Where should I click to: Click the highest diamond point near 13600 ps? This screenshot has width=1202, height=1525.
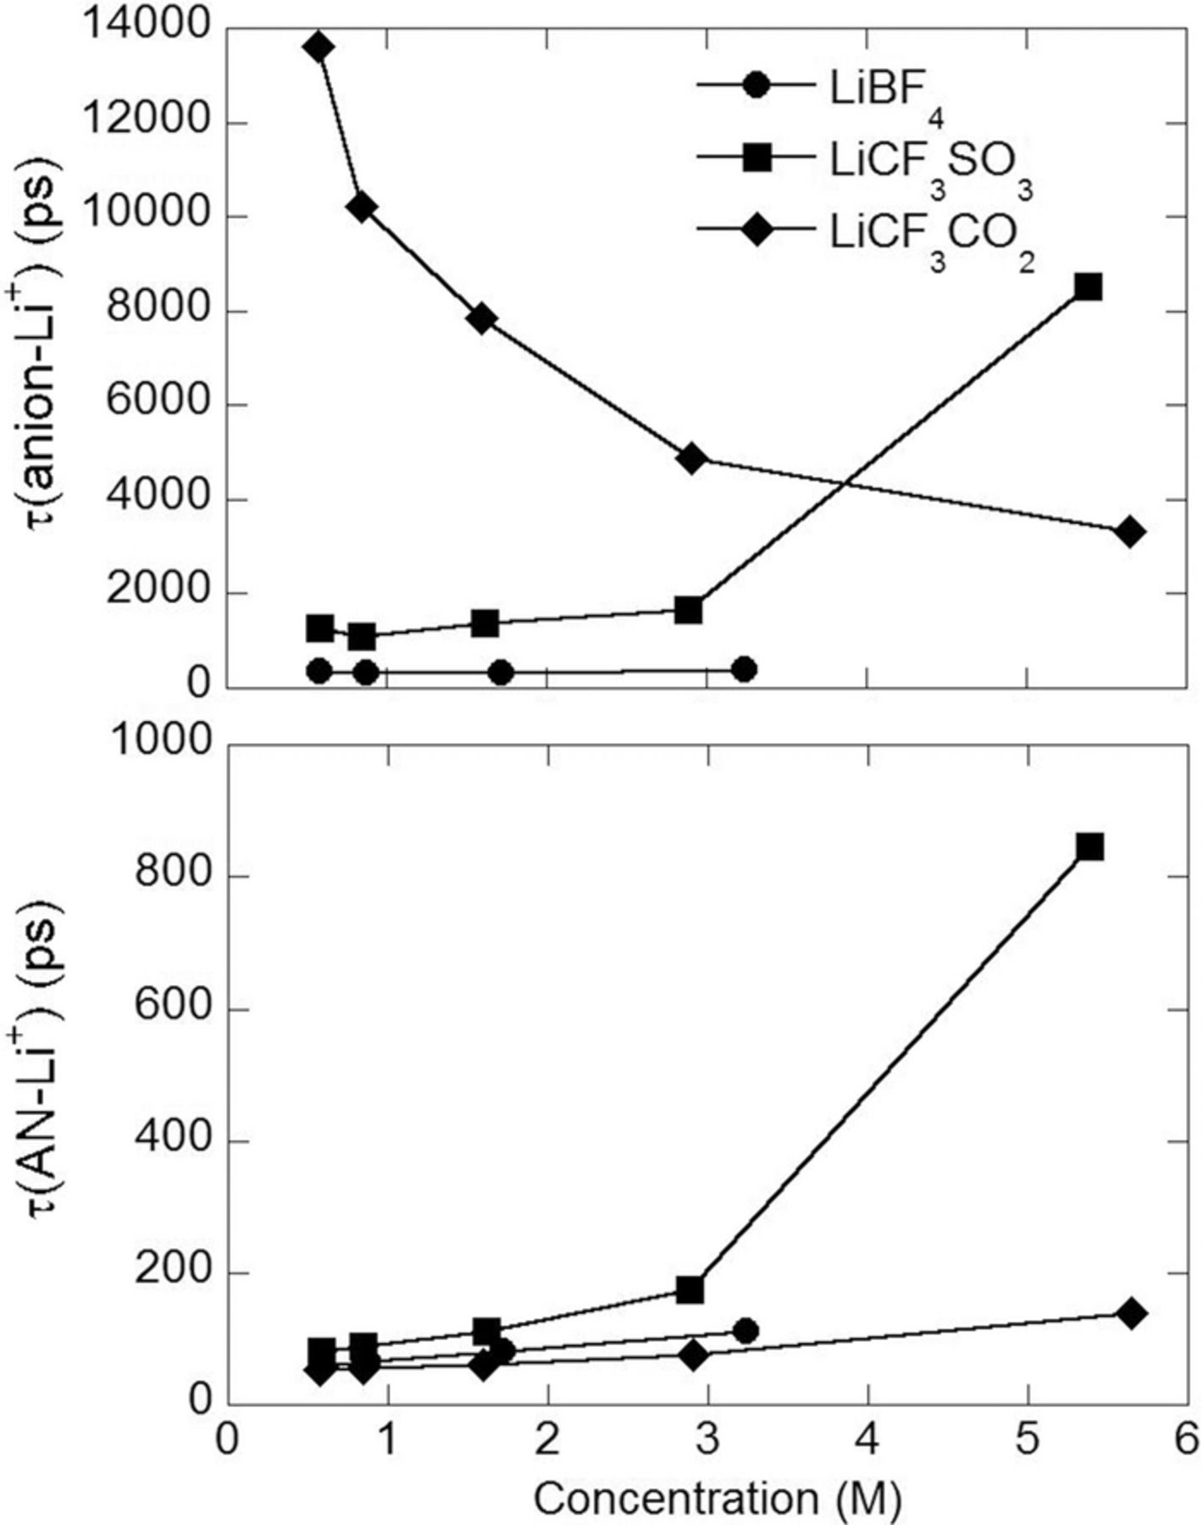click(319, 47)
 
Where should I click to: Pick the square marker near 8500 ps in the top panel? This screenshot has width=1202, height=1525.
click(1088, 287)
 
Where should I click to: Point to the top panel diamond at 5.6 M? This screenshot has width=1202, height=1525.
click(1130, 532)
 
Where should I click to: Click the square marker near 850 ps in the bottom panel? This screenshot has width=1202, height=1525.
click(1089, 846)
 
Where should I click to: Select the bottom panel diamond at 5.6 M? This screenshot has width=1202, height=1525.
click(1132, 1314)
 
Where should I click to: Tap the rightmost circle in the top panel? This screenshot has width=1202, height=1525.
click(744, 669)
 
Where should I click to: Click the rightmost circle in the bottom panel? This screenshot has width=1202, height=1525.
click(745, 1331)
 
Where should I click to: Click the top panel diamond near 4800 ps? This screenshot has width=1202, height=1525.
click(692, 458)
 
